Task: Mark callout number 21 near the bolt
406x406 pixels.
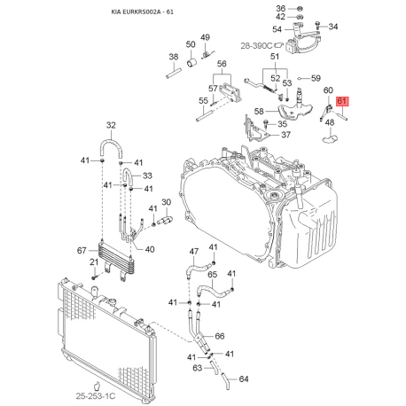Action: (x=93, y=262)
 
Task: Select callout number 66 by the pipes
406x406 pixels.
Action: (x=220, y=336)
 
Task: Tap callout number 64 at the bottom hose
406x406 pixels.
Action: (x=245, y=379)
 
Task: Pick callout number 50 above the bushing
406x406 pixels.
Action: (x=191, y=43)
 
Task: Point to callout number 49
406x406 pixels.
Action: (x=204, y=36)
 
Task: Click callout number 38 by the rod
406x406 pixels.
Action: (x=174, y=57)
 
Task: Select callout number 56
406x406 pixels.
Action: (x=222, y=64)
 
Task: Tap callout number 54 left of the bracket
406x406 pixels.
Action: (x=277, y=29)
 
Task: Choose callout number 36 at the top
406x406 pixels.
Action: (x=305, y=8)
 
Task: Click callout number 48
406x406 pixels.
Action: (x=330, y=122)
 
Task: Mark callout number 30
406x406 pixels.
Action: (x=166, y=202)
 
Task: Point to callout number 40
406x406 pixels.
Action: (x=150, y=249)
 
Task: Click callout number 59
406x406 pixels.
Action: (x=316, y=78)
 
